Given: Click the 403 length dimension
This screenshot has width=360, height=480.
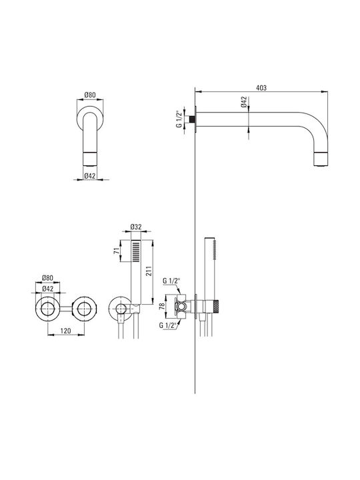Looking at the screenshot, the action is tap(261, 88).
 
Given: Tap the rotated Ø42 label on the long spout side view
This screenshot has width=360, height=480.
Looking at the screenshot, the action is tap(244, 102).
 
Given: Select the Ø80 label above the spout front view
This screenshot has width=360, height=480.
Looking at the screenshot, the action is tap(90, 95).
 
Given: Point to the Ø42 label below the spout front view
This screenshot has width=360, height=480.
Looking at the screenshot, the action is tap(90, 176).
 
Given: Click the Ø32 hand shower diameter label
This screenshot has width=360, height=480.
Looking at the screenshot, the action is tap(136, 227).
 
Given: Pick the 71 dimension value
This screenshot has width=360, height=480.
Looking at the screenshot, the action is tap(117, 251).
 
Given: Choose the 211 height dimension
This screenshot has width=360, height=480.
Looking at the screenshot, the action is tap(149, 271).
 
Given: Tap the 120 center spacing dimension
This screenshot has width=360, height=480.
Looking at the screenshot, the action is tap(66, 331).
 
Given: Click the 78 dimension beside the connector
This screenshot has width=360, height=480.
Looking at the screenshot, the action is tap(162, 305).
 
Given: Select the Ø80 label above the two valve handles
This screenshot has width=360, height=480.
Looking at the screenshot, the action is tap(47, 278).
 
